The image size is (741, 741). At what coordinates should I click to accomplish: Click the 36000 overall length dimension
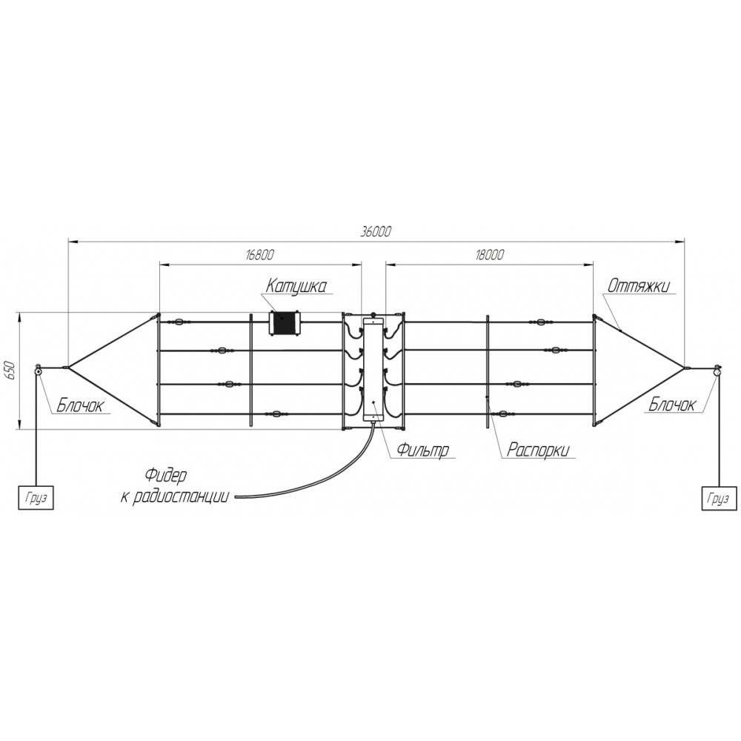pos(376,232)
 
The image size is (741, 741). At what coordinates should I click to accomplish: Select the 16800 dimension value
pos(260,255)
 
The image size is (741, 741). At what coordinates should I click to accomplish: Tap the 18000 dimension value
pos(490,255)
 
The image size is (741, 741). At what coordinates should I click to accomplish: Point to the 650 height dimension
pos(10,371)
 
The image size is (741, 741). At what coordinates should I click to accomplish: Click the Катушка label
pos(296,286)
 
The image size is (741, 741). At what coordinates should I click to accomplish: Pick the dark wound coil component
pos(284,323)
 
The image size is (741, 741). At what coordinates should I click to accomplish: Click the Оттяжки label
pos(639,286)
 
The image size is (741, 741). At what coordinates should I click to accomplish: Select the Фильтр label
pos(422,450)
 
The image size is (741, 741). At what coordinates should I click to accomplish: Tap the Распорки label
pos(538,450)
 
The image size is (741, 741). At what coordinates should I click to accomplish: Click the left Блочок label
pos(80,405)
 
